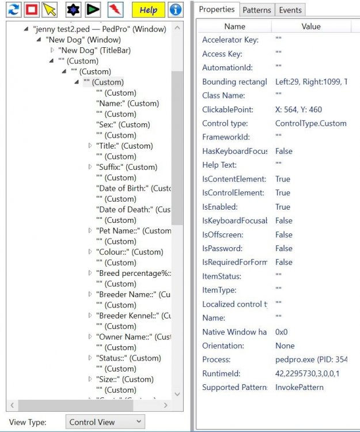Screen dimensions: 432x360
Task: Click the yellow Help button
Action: (x=148, y=10)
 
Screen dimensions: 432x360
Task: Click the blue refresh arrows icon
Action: (x=14, y=10)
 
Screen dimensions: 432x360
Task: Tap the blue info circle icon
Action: (x=175, y=10)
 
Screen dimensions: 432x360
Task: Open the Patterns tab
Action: (x=256, y=10)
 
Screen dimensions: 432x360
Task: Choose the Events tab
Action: (x=290, y=10)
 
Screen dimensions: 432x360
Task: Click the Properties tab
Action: (x=217, y=10)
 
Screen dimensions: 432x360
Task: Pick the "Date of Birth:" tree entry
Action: (x=133, y=188)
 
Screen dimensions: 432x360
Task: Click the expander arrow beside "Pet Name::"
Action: (x=90, y=230)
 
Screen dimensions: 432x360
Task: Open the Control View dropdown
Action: (x=105, y=422)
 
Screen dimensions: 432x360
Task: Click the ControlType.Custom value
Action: (x=310, y=123)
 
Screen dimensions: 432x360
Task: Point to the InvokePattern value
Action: (x=299, y=387)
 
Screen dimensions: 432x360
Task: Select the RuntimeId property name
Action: (x=221, y=373)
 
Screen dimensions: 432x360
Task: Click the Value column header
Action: (x=310, y=26)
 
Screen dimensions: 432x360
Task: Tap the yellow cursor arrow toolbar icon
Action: (x=50, y=10)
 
